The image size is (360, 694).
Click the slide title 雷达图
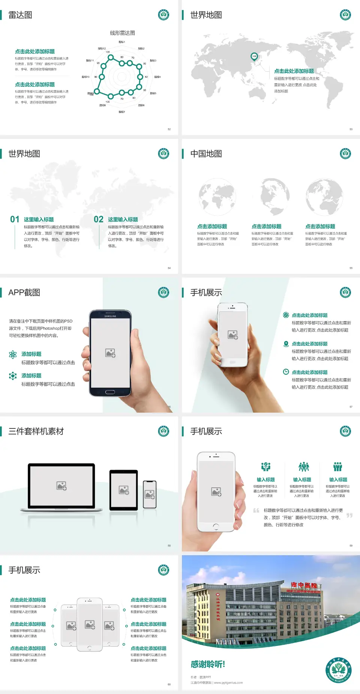click(x=20, y=15)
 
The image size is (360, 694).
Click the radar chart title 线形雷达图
click(x=122, y=33)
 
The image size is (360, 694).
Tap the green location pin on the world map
click(x=254, y=57)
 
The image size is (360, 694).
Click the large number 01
click(x=15, y=219)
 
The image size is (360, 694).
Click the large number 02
click(x=99, y=219)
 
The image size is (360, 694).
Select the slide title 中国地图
click(x=206, y=154)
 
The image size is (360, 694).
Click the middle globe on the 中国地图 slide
click(x=271, y=197)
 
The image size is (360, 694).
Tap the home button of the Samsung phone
click(x=110, y=392)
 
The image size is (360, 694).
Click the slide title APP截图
click(x=24, y=293)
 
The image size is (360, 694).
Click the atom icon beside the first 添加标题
click(x=13, y=355)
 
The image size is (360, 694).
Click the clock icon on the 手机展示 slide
click(x=286, y=372)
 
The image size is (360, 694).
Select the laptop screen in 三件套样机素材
click(x=61, y=486)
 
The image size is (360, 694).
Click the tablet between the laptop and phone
click(x=124, y=490)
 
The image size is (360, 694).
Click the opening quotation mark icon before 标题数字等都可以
click(x=256, y=510)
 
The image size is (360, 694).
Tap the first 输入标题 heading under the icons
click(x=265, y=480)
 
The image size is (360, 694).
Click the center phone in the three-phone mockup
click(x=90, y=624)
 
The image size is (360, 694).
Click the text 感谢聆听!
click(x=208, y=664)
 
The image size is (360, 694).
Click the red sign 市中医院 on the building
click(x=304, y=585)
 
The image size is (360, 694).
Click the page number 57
click(x=351, y=407)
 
